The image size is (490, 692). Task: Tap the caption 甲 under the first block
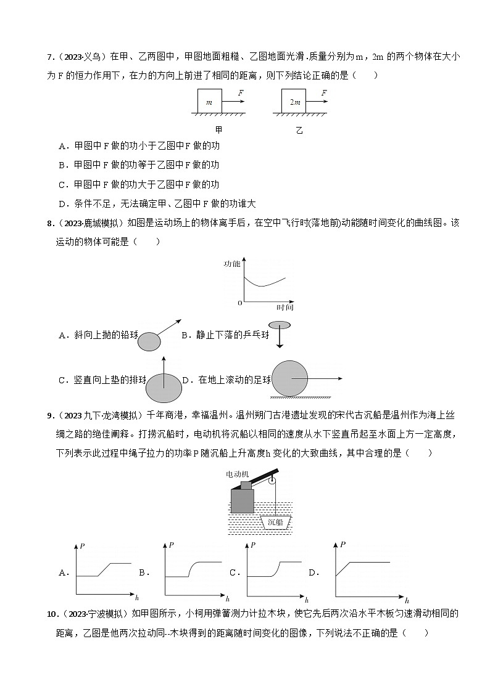click(x=218, y=130)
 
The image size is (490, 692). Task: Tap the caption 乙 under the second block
click(x=299, y=130)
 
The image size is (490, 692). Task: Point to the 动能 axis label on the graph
click(x=232, y=263)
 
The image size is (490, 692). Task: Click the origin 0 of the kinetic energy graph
click(x=240, y=303)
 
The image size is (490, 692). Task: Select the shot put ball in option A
click(x=149, y=341)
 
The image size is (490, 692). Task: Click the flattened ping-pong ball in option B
click(x=279, y=325)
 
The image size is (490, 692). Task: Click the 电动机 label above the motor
click(x=241, y=473)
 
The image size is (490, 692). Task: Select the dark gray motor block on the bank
click(x=243, y=500)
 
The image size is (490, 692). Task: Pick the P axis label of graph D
click(x=343, y=544)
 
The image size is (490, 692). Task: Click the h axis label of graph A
click(x=138, y=598)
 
